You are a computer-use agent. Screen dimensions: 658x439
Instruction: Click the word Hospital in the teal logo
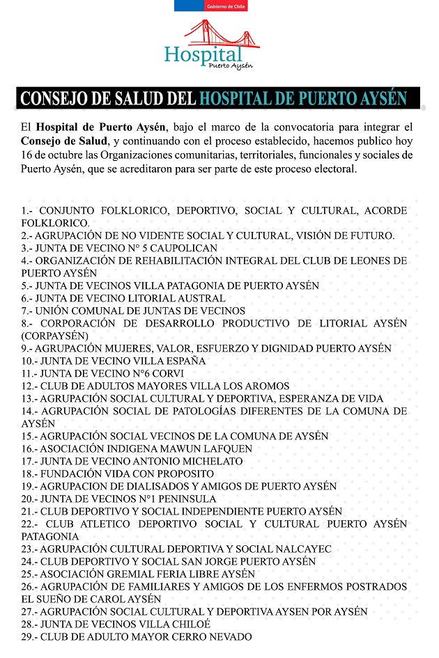(x=203, y=54)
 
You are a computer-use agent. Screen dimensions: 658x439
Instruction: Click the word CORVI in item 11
(x=165, y=373)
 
